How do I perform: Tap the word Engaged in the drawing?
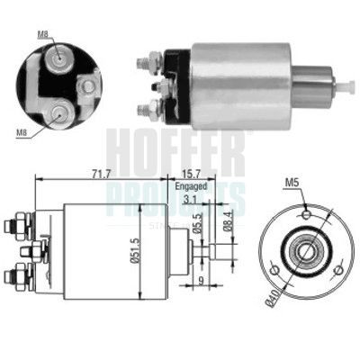(191, 186)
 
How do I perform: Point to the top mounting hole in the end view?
(304, 214)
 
